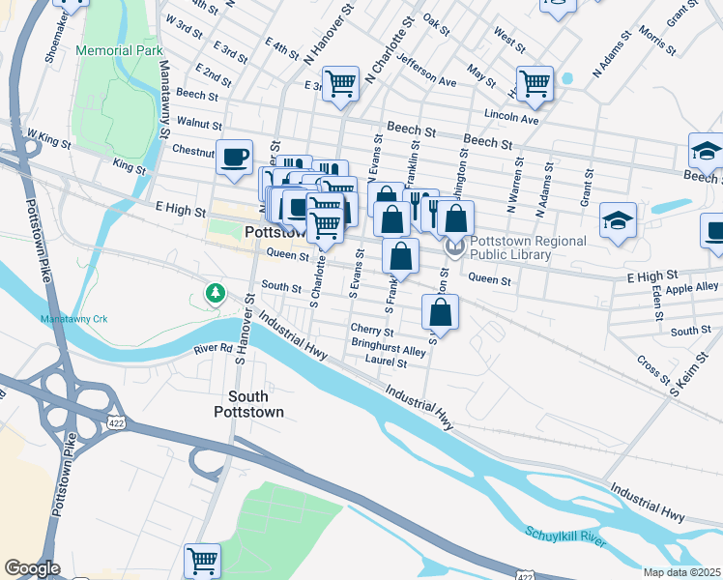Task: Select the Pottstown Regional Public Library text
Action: tap(511, 248)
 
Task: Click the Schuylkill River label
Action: tap(566, 537)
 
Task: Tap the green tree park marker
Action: tap(214, 292)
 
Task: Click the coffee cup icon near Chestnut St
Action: tap(234, 158)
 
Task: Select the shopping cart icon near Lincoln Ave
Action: tap(535, 83)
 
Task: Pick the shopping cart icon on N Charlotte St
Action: tap(340, 84)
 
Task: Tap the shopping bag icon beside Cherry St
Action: tap(440, 312)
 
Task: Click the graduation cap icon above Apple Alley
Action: tap(618, 220)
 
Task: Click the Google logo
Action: tap(32, 568)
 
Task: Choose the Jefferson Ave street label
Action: tap(427, 68)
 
